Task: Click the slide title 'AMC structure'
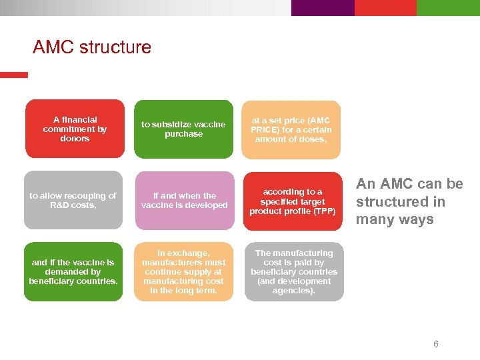point(91,48)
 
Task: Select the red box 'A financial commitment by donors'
point(75,129)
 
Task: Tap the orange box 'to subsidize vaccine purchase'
point(183,129)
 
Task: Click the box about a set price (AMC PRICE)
point(291,129)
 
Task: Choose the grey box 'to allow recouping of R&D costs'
point(73,201)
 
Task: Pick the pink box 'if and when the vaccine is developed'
point(184,201)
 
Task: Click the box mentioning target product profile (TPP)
point(293,201)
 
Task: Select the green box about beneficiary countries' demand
point(73,271)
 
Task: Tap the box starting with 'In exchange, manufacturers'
point(184,271)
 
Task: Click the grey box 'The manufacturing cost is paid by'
point(293,271)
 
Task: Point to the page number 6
point(435,345)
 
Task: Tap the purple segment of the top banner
point(323,7)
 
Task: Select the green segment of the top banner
point(448,7)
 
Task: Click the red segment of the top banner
point(385,7)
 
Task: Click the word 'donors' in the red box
point(75,139)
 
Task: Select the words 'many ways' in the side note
point(395,220)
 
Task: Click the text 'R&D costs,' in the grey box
point(73,205)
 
